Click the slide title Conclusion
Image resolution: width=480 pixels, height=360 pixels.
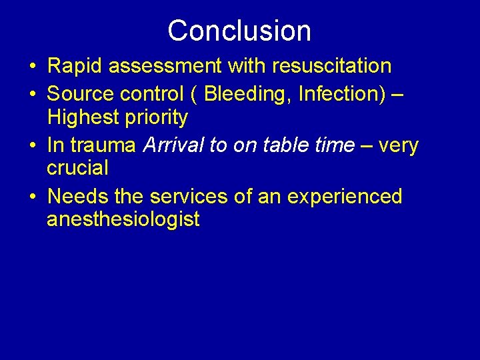tap(239, 31)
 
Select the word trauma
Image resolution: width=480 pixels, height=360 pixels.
tap(103, 145)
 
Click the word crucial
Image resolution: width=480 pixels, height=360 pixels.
tap(77, 168)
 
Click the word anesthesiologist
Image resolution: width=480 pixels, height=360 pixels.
tap(123, 219)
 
